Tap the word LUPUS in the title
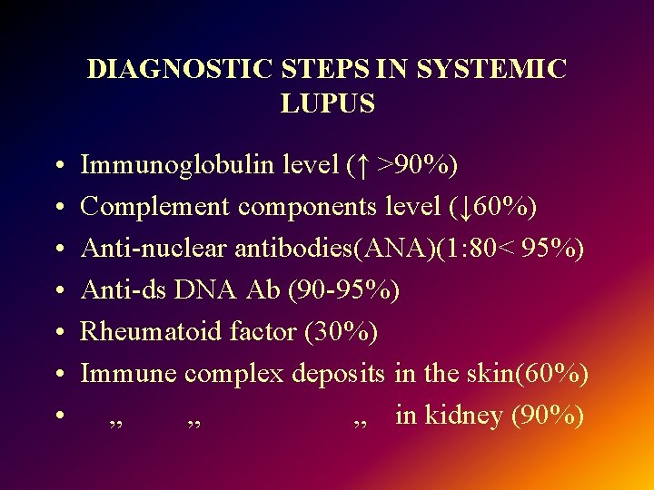(x=328, y=104)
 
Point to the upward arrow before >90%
(x=362, y=165)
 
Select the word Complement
(x=155, y=207)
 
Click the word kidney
(x=463, y=416)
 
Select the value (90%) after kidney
(x=548, y=416)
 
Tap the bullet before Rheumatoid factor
(x=57, y=333)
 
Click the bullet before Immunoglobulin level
(x=57, y=166)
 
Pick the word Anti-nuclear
(x=154, y=249)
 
